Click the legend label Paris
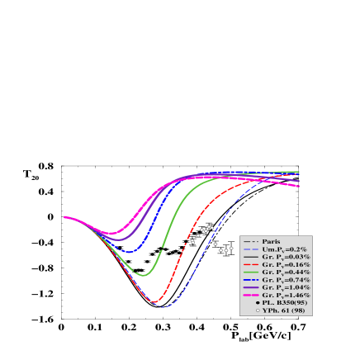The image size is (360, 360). (272, 241)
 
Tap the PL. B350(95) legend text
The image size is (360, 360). (285, 303)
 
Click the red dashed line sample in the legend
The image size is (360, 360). (251, 264)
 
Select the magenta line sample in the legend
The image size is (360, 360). (251, 295)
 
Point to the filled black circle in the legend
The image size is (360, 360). (257, 303)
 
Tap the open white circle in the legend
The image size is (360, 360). (257, 310)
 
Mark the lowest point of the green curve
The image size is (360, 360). (144, 275)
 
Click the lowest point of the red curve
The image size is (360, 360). (154, 303)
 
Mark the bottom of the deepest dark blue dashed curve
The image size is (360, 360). (164, 307)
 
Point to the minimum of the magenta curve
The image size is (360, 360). (111, 233)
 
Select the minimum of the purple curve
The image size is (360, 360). (118, 240)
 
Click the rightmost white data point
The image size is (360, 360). (231, 248)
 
